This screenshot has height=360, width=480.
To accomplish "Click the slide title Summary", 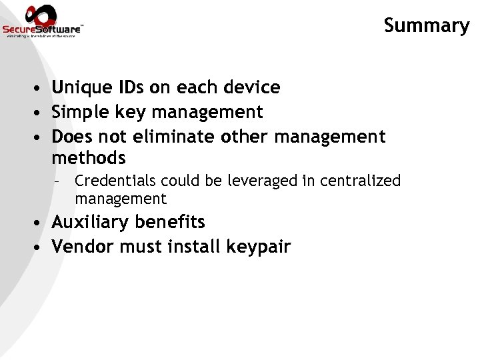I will [427, 25].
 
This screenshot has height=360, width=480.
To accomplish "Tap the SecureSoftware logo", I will [43, 21].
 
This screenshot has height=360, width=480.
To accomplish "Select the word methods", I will [89, 158].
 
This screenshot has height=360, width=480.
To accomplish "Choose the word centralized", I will [362, 181].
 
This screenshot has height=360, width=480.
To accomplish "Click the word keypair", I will [259, 247].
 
